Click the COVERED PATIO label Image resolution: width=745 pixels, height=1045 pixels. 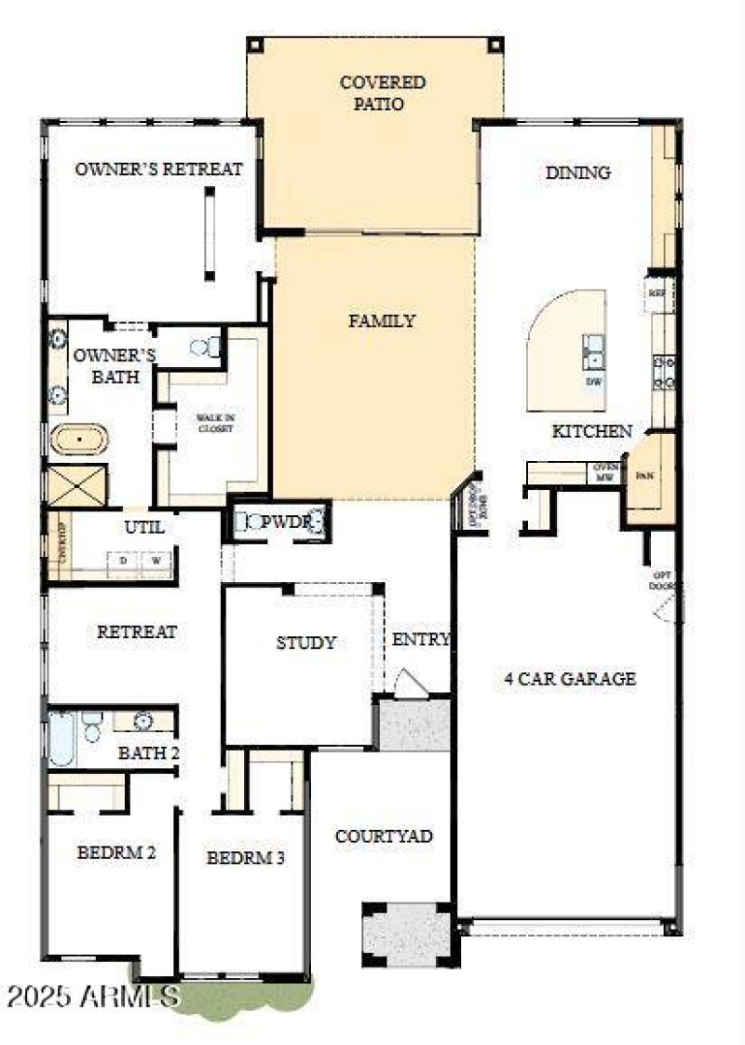[x=383, y=93]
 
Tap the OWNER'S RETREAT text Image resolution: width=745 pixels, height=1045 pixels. [x=158, y=170]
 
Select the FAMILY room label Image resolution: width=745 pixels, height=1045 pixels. [x=382, y=321]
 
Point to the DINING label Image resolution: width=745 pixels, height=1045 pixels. [x=577, y=172]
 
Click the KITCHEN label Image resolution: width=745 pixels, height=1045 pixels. [x=592, y=431]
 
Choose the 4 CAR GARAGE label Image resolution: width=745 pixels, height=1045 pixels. [x=570, y=678]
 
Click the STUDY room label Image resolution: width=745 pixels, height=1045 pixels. [x=305, y=643]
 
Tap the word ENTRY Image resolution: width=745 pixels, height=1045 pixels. [x=421, y=640]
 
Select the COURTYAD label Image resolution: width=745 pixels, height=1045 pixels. [x=384, y=836]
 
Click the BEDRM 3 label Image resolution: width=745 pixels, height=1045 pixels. [x=245, y=858]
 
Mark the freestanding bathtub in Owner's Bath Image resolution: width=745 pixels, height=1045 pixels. [x=79, y=439]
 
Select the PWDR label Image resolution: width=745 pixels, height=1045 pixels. [x=284, y=522]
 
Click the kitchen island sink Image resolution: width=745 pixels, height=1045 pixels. [x=593, y=353]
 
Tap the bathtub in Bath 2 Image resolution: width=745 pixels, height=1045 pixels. [x=61, y=738]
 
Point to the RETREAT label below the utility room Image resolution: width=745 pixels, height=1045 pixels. [x=137, y=631]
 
